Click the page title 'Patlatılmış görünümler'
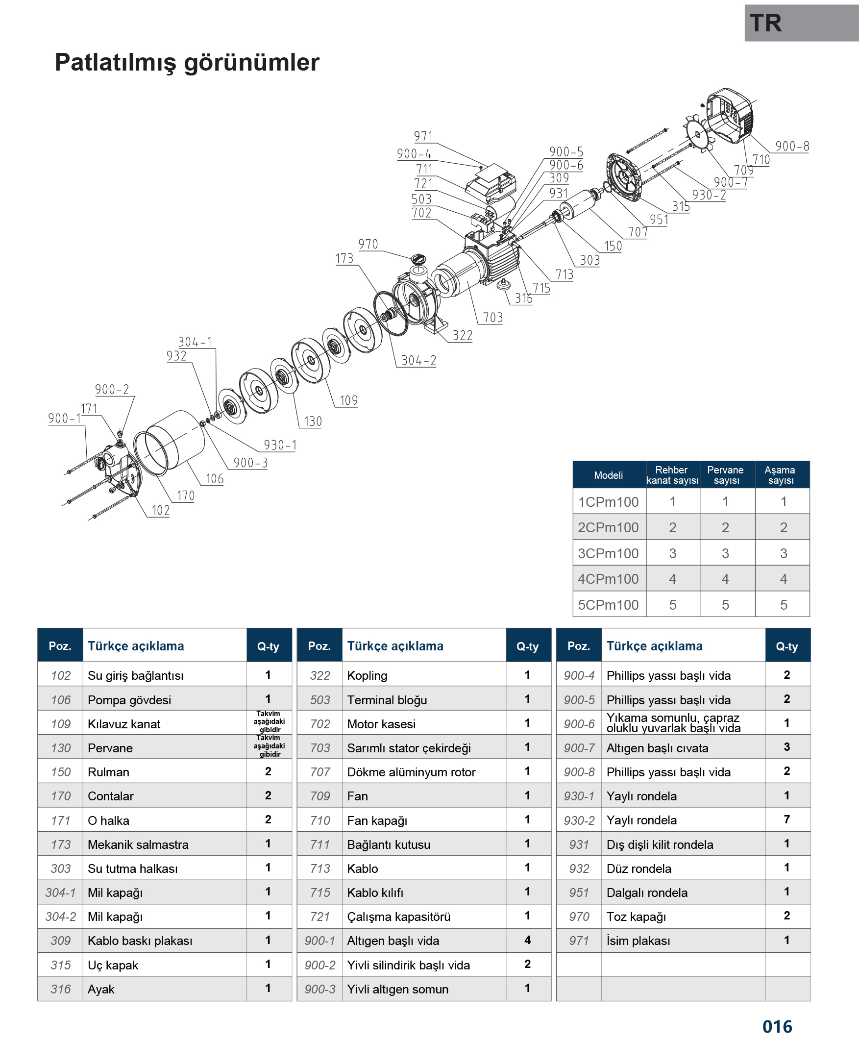point(187,63)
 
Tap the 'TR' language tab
point(765,23)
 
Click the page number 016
point(777,1026)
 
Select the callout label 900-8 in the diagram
point(792,146)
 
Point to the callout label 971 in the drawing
point(423,136)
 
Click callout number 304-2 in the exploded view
point(418,360)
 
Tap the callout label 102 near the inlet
point(161,510)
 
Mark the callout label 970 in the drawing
point(368,244)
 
